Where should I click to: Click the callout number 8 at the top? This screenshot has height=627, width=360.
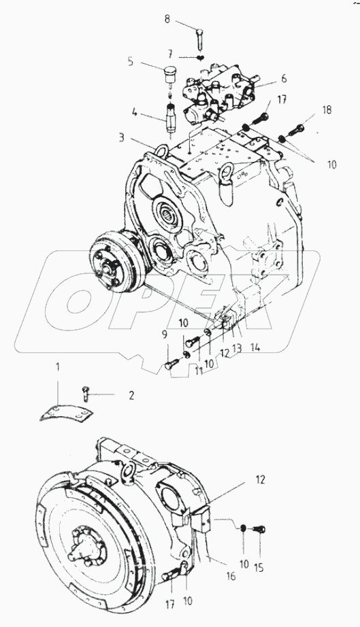click(167, 20)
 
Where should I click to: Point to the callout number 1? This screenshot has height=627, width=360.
click(59, 367)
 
